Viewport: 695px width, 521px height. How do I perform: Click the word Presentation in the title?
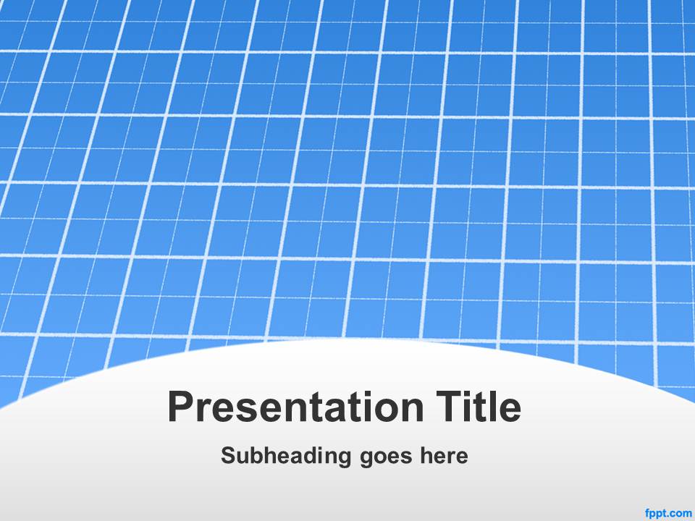coord(295,407)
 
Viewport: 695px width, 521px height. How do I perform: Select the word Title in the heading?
coord(479,406)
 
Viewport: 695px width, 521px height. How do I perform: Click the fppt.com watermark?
coord(669,514)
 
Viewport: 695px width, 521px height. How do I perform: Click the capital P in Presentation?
coord(182,407)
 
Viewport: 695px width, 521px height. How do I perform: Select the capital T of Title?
coord(450,407)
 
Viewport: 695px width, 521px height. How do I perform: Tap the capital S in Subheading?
coord(229,455)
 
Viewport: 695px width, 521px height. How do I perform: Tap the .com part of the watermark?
coord(681,514)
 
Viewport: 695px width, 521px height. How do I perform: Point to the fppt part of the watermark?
coord(657,514)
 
